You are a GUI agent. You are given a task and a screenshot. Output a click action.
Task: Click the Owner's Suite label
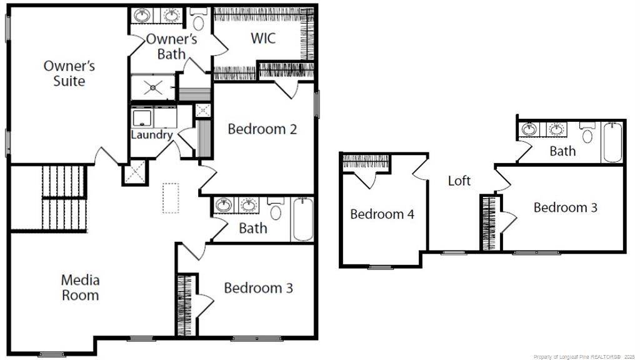69,73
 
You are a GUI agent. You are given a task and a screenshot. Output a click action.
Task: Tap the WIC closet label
263,38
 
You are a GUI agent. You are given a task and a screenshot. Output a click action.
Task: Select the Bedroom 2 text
261,129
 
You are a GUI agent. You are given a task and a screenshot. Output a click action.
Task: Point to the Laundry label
151,134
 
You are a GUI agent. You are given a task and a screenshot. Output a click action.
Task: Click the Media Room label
80,287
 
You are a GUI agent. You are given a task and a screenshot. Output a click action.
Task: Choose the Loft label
459,181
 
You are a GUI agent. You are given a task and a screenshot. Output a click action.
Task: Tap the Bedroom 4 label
382,214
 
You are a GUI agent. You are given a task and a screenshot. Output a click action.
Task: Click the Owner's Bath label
171,47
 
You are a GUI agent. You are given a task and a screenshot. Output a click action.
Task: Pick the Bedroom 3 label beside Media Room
258,288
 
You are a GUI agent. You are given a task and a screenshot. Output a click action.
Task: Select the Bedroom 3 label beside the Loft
565,207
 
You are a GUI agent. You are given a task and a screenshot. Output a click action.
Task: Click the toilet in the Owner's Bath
199,20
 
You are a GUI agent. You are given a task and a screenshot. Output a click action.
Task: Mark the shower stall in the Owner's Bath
152,87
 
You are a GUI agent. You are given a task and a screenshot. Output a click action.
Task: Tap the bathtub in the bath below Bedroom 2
302,219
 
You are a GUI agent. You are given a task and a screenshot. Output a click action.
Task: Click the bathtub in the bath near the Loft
612,142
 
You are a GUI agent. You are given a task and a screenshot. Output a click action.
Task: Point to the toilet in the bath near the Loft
587,135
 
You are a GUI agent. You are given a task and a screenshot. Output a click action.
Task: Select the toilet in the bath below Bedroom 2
276,210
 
